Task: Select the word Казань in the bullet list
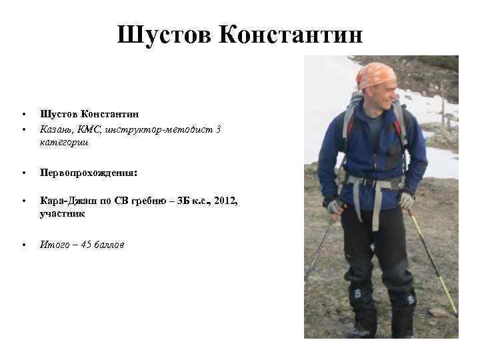(x=55, y=129)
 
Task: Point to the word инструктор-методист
(x=159, y=129)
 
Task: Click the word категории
(x=65, y=142)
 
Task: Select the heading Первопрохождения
(x=88, y=173)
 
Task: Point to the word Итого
(x=55, y=245)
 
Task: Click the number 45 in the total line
(x=87, y=245)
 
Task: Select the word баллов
(x=109, y=245)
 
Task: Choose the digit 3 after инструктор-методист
(x=218, y=129)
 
